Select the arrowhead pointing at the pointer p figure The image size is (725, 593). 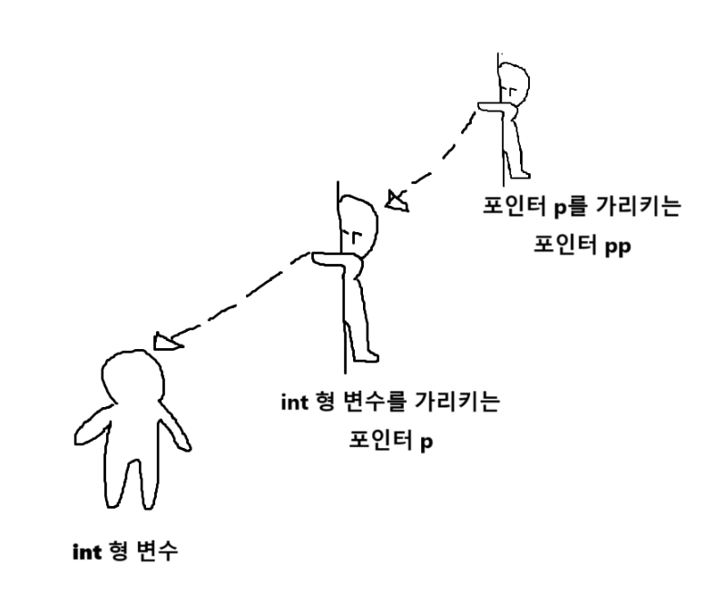coord(397,200)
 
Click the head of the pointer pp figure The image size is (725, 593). coord(514,83)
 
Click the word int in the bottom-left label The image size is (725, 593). coord(86,549)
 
